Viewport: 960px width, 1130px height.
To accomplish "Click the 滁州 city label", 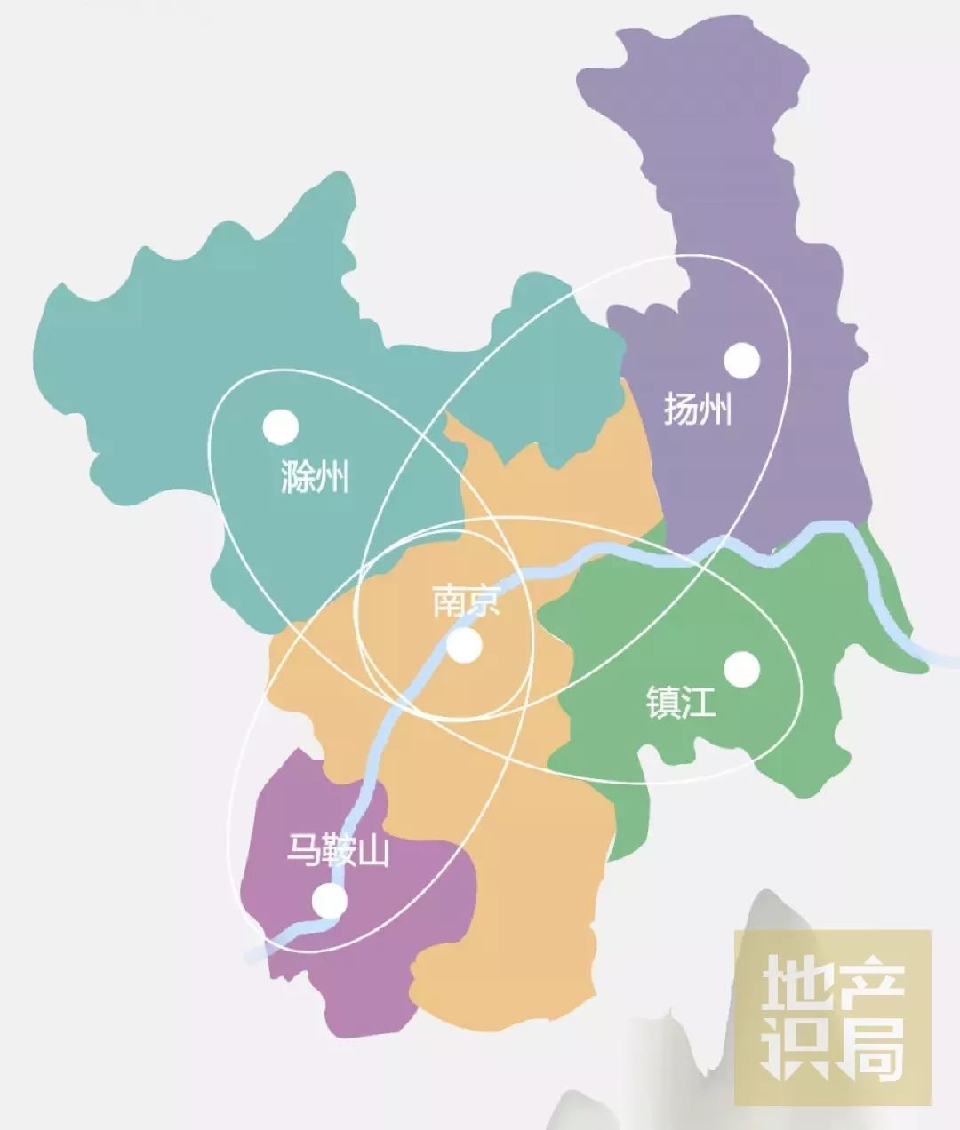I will tap(314, 477).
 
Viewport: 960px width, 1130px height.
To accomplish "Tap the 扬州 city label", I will tap(698, 410).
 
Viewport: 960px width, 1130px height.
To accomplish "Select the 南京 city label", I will tap(467, 601).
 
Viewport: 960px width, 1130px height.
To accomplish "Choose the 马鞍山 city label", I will tap(338, 851).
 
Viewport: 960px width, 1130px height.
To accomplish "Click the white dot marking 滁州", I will tap(281, 427).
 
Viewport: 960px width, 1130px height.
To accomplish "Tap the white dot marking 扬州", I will tap(742, 361).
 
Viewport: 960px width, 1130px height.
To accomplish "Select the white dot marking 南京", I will tap(464, 646).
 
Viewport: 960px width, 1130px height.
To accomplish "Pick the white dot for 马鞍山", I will tap(330, 903).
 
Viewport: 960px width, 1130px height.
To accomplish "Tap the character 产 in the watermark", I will tap(872, 986).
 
